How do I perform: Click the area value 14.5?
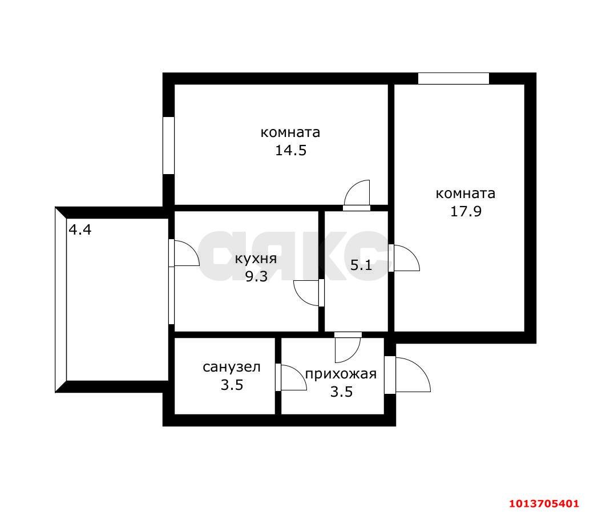pyautogui.click(x=290, y=151)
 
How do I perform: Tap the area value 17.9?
pyautogui.click(x=466, y=211)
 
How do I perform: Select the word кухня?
pyautogui.click(x=256, y=259)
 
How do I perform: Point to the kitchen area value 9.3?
pyautogui.click(x=256, y=277)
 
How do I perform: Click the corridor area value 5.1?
pyautogui.click(x=361, y=265)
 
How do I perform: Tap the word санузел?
pyautogui.click(x=231, y=366)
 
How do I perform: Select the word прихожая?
pyautogui.click(x=341, y=374)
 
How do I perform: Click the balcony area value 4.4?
pyautogui.click(x=80, y=230)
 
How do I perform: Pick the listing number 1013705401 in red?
pyautogui.click(x=544, y=503)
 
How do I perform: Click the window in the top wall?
pyautogui.click(x=453, y=79)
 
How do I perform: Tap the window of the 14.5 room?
pyautogui.click(x=168, y=145)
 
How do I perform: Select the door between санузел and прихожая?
pyautogui.click(x=291, y=378)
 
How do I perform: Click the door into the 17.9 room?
pyautogui.click(x=405, y=258)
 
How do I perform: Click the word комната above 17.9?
pyautogui.click(x=466, y=193)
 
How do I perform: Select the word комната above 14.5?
pyautogui.click(x=290, y=132)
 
